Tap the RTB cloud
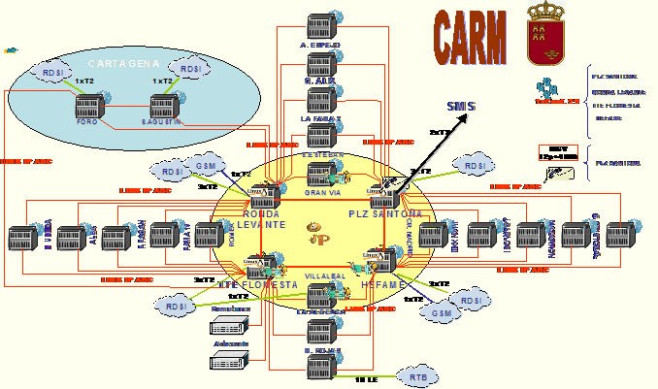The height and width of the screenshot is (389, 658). coord(418,375)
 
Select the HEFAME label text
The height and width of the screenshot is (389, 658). coord(381,286)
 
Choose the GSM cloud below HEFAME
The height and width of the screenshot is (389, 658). coord(443,313)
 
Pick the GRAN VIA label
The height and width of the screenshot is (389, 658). coord(322,193)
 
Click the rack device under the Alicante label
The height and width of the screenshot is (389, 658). coord(228,363)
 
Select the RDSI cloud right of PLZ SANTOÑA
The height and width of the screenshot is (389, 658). coord(475,167)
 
